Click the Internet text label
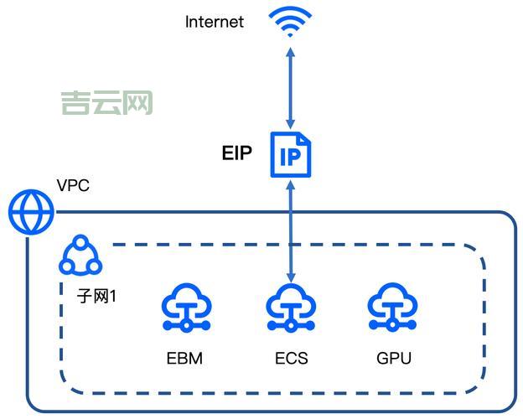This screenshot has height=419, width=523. coord(214,22)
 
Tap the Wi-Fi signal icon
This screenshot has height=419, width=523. coord(290,22)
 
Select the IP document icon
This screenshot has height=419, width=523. coord(290,154)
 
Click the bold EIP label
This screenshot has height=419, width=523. coord(236,153)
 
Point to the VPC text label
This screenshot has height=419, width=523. coord(73,185)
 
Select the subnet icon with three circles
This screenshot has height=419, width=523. coord(80,256)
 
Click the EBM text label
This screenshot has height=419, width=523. coord(184,360)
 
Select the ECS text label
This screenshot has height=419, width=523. coord(291,360)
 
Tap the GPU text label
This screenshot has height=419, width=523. coord(393,360)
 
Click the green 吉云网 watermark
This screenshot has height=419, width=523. coord(106,104)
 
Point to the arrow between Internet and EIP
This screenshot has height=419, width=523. coord(291,88)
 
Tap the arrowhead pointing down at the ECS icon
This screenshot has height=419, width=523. coord(291,277)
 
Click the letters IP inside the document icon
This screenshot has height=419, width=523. coord(291,157)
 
